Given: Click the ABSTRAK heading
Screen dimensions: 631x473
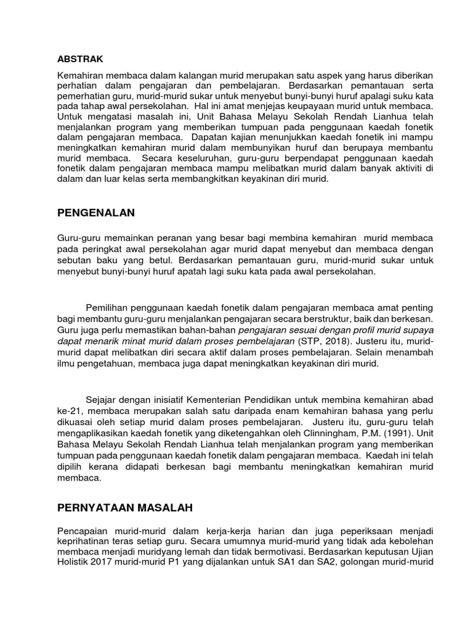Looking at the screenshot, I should point(80,59).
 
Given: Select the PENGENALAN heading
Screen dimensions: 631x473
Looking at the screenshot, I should point(95,213).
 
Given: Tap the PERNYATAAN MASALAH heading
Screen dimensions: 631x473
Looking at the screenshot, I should point(125,508).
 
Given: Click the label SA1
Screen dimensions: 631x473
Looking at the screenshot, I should point(299,562).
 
